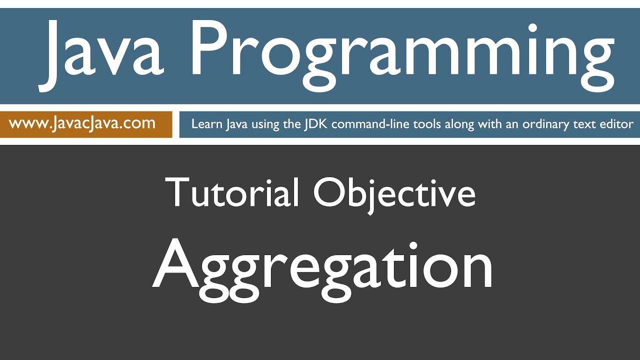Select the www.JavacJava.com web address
point(82,123)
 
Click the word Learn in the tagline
point(206,124)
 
